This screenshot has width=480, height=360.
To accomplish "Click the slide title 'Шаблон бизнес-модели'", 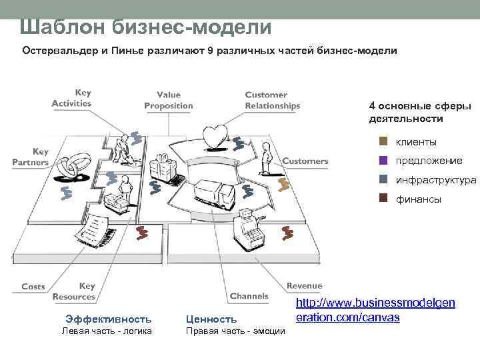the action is click(145, 27).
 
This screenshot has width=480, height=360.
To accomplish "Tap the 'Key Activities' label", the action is click(71, 98).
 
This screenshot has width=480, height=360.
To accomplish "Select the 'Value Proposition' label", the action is click(169, 100).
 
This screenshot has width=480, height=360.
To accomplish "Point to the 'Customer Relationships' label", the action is click(272, 100).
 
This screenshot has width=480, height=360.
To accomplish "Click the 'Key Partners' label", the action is click(31, 157).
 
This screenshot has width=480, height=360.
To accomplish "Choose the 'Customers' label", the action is click(305, 161).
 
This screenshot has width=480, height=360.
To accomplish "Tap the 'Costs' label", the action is click(33, 287).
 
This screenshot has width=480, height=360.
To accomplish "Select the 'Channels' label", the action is click(249, 296).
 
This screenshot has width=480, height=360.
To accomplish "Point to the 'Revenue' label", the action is click(304, 285).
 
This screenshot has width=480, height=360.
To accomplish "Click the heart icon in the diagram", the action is click(217, 136).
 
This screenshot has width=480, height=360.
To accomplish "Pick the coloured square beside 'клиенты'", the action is click(383, 141).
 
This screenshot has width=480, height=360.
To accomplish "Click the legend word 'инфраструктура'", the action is click(436, 180).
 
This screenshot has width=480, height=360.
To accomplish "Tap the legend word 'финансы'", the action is click(418, 199).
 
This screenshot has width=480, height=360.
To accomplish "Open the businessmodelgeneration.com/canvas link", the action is click(374, 310).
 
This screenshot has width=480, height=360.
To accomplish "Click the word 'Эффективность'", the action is click(108, 319).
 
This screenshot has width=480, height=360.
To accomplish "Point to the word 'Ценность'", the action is click(211, 319).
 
